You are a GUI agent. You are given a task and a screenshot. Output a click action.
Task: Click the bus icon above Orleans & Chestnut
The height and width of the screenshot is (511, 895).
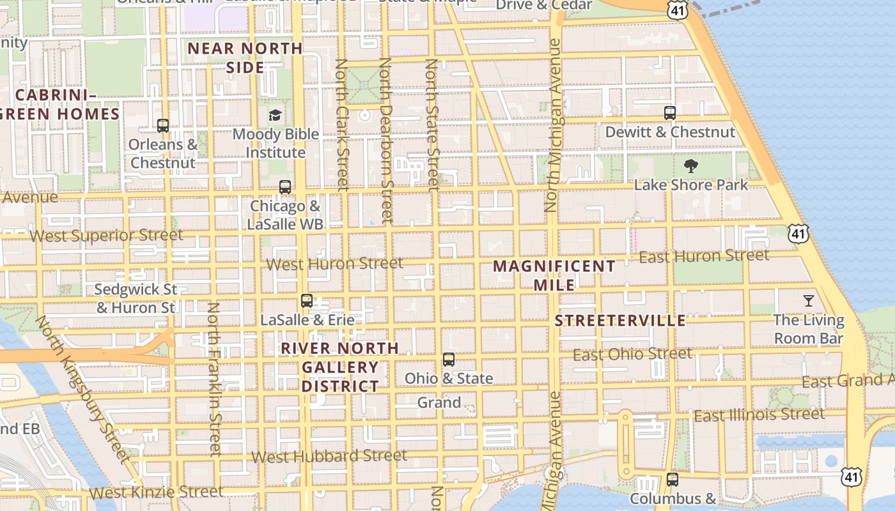(163, 126)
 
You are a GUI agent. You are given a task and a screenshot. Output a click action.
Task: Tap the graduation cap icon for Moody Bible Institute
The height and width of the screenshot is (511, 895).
(275, 115)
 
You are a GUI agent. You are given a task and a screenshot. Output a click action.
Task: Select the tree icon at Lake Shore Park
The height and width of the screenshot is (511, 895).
(690, 166)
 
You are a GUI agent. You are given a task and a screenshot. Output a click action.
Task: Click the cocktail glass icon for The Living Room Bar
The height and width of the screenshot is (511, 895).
(809, 300)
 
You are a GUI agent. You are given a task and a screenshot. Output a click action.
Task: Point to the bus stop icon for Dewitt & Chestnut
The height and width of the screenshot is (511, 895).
(670, 113)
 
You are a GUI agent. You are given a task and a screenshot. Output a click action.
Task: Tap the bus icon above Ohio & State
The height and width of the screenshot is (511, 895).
(449, 360)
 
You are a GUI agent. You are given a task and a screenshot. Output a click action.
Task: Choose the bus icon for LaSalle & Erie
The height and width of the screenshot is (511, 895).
(307, 300)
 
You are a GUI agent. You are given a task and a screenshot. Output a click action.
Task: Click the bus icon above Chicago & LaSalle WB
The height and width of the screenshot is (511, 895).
(285, 187)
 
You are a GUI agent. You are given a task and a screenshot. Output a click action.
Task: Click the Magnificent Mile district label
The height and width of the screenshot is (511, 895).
(554, 275)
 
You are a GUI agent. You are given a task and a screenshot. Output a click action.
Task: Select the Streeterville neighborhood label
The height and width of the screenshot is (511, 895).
(620, 321)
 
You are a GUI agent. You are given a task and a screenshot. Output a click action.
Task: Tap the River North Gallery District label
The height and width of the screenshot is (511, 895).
(340, 367)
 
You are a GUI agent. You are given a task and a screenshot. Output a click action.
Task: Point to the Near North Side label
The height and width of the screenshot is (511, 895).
(245, 57)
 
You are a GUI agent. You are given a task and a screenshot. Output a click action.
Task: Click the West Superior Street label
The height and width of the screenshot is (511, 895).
(106, 235)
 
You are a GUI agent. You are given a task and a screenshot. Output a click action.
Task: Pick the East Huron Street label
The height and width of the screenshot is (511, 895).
(704, 256)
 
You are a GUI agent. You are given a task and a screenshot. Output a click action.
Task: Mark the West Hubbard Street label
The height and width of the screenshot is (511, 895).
(329, 456)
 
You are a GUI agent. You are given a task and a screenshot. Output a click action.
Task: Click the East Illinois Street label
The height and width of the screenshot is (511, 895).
(759, 415)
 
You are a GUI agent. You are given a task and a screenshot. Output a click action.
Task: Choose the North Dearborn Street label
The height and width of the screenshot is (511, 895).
(385, 141)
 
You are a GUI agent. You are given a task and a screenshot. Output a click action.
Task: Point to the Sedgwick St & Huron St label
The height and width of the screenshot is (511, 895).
(135, 298)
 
